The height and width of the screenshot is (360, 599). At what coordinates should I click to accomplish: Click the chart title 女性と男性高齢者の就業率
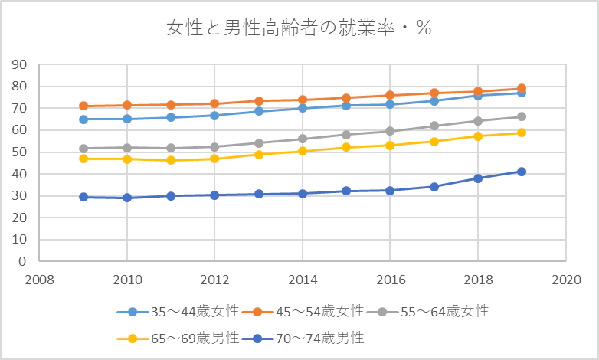299,30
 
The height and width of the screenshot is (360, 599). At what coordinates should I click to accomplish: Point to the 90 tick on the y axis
19,64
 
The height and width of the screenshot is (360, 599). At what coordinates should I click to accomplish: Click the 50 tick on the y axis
19,152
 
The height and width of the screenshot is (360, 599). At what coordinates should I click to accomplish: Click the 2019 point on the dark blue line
522,172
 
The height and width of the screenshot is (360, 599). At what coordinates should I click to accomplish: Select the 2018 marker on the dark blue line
478,178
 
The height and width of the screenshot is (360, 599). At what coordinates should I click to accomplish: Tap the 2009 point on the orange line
83,106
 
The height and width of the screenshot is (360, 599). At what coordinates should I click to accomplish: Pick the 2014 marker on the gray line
303,139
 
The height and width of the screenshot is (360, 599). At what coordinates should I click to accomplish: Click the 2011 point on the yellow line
171,160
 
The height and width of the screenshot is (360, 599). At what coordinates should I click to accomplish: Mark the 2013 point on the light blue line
259,111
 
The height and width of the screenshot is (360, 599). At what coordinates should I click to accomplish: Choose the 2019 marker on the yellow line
522,133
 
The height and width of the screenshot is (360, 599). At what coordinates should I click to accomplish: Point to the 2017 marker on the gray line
434,126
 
